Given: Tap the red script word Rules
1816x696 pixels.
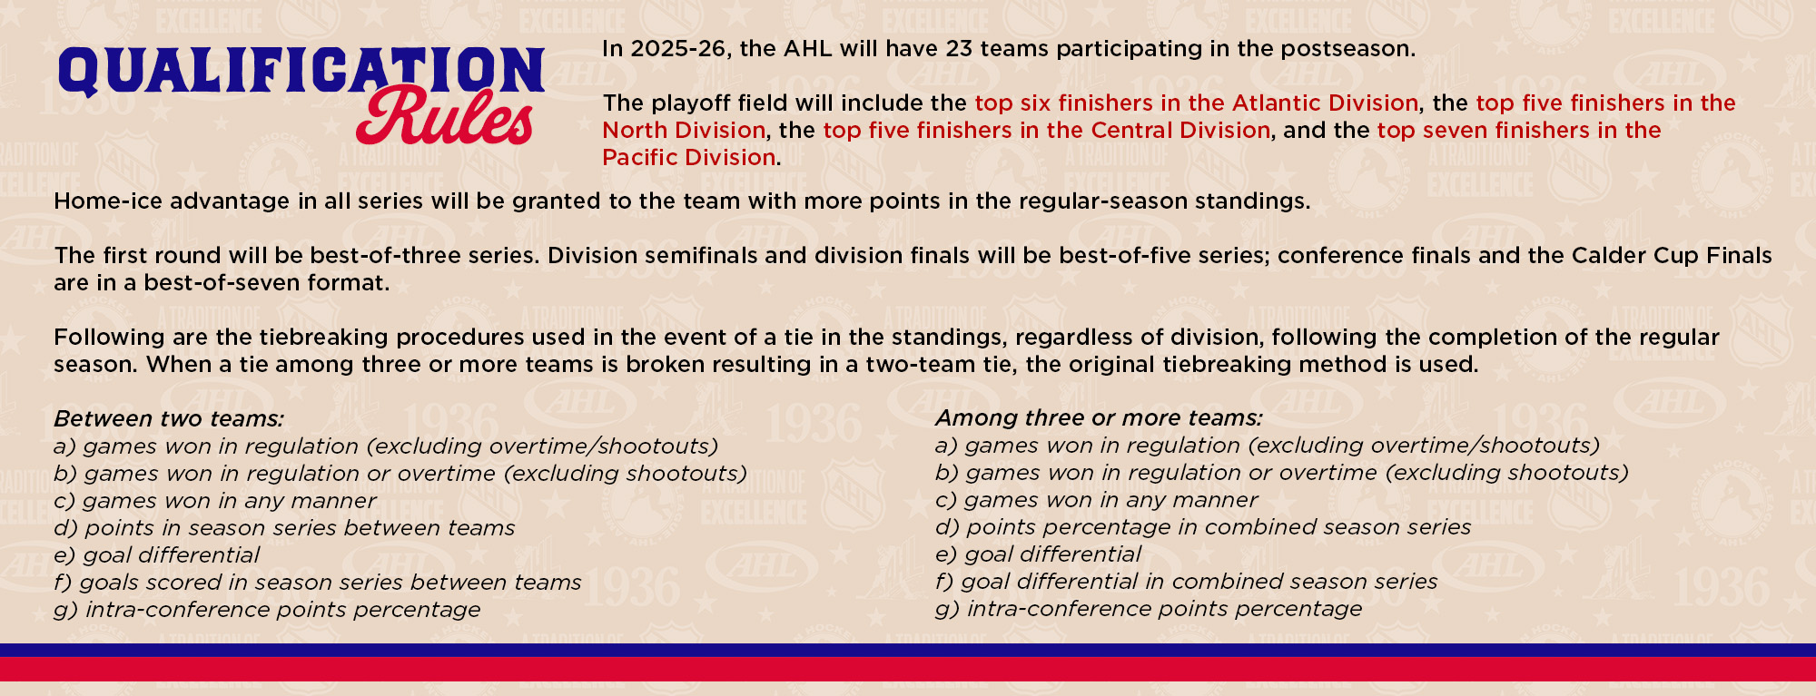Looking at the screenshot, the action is (x=445, y=118).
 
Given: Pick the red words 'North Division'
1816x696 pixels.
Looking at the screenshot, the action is (x=684, y=130).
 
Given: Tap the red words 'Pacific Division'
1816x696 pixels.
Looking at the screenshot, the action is (x=689, y=157).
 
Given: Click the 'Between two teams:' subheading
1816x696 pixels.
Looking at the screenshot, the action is (x=169, y=418).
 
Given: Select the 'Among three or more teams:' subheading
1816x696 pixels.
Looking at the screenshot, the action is (x=1099, y=417).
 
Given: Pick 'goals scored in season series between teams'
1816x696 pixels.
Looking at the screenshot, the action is (x=331, y=582).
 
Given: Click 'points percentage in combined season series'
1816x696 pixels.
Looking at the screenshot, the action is (x=1219, y=526).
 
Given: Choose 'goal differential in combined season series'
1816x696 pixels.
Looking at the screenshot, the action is (x=1199, y=581).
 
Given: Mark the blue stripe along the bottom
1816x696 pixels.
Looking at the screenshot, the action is (x=908, y=650).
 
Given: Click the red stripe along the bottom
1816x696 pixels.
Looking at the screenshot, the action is (x=908, y=669).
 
